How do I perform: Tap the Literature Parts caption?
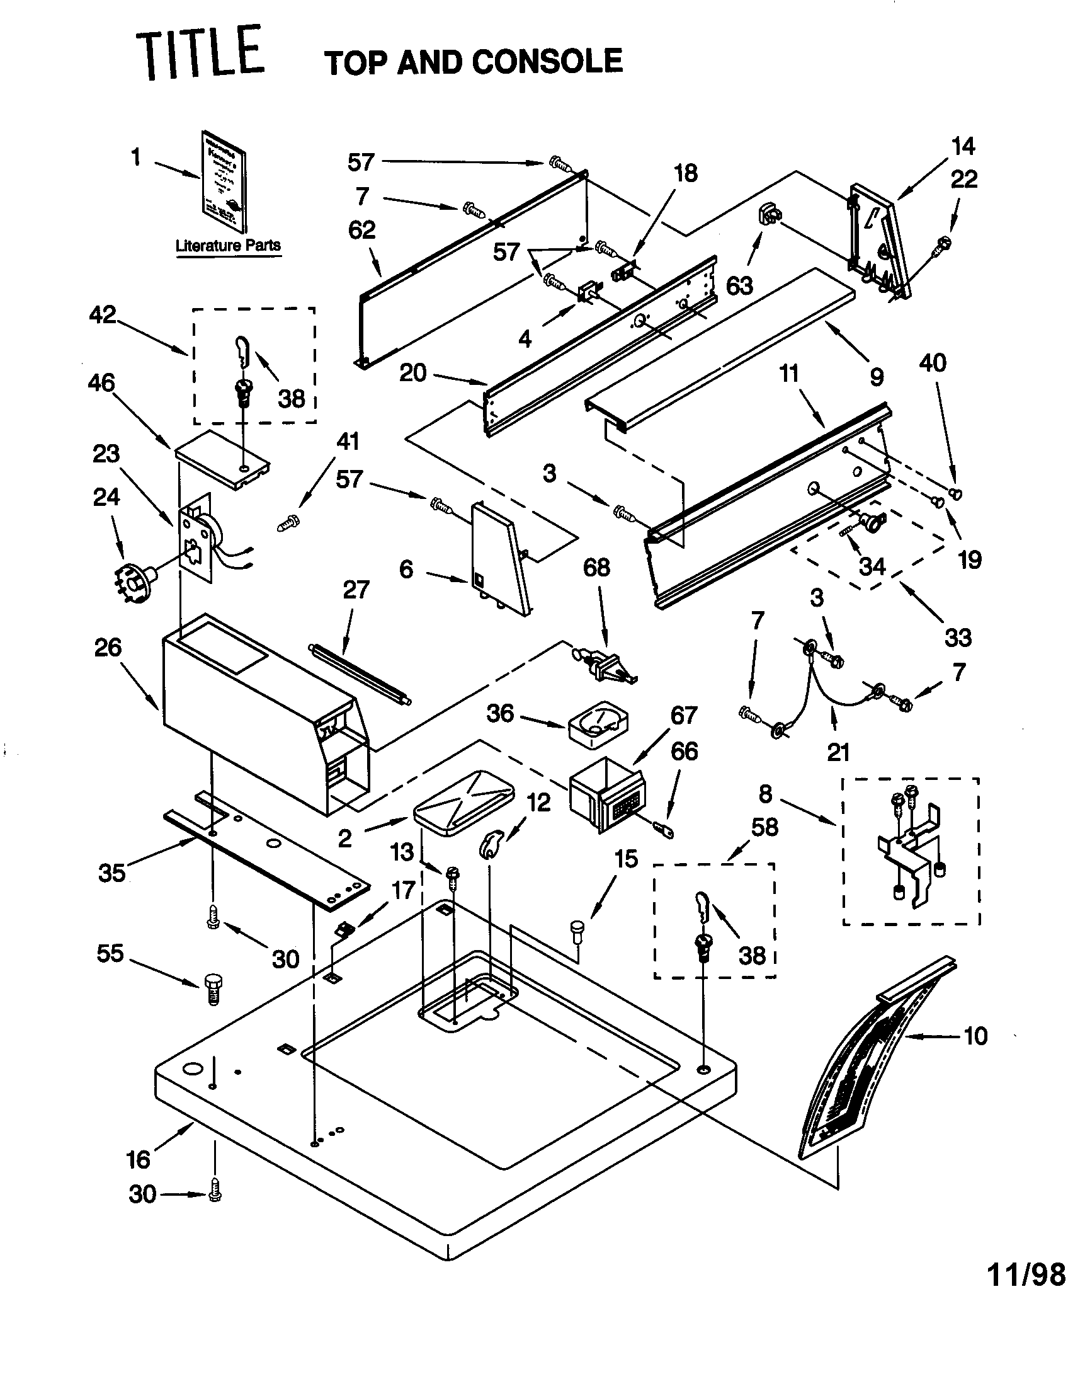coord(228,246)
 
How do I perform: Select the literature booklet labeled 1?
coord(224,183)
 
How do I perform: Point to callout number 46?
coord(101,382)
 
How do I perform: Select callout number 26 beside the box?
coord(108,647)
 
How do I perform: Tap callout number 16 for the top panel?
coord(139,1159)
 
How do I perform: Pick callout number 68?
coord(596,568)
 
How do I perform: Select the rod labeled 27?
coord(359,673)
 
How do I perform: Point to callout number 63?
coord(739,285)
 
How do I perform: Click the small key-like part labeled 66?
coord(662,828)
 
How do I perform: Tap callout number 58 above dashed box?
coord(764,828)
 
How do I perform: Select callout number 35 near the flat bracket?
coord(111,873)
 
